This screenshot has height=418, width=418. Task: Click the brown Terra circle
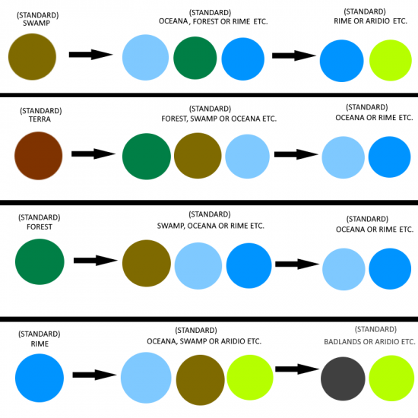pyautogui.click(x=39, y=156)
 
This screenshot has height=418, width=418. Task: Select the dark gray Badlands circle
pyautogui.click(x=343, y=378)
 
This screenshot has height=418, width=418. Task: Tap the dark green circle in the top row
pyautogui.click(x=195, y=58)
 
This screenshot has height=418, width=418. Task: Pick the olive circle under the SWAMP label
pyautogui.click(x=32, y=56)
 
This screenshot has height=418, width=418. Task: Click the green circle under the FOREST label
pyautogui.click(x=40, y=261)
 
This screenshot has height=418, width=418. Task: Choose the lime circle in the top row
pyautogui.click(x=391, y=60)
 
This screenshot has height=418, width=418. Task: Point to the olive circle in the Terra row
pyautogui.click(x=198, y=156)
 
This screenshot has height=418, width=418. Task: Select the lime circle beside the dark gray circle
pyautogui.click(x=391, y=378)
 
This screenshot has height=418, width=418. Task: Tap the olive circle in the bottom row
pyautogui.click(x=201, y=380)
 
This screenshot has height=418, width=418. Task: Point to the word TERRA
pyautogui.click(x=40, y=119)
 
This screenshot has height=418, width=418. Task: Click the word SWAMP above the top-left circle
pyautogui.click(x=36, y=24)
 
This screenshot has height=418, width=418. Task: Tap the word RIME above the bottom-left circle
pyautogui.click(x=40, y=344)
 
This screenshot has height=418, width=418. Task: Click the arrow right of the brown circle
pyautogui.click(x=93, y=154)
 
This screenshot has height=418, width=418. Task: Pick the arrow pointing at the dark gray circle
pyautogui.click(x=297, y=369)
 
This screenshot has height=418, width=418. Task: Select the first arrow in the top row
pyautogui.click(x=91, y=55)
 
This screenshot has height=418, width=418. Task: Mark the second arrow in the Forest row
pyautogui.click(x=297, y=264)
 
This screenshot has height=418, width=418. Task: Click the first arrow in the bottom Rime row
pyautogui.click(x=95, y=375)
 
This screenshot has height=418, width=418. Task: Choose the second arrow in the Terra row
pyautogui.click(x=296, y=154)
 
